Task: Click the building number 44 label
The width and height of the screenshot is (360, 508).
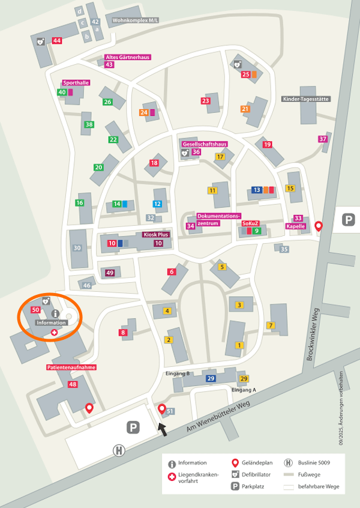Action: click(57, 40)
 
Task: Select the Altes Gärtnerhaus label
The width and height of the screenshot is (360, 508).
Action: click(127, 57)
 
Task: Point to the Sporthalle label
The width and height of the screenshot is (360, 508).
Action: click(76, 83)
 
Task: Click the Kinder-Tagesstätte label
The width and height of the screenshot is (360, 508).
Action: click(306, 99)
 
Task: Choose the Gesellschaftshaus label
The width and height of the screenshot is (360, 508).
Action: click(204, 144)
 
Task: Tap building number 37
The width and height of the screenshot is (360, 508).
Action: click(323, 139)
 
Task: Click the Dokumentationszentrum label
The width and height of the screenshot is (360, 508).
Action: click(218, 219)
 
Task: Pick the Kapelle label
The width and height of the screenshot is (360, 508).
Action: click(296, 226)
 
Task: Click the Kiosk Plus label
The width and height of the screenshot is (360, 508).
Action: click(155, 235)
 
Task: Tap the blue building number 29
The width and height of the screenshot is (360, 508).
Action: click(211, 378)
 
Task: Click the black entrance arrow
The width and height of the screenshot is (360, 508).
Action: click(162, 429)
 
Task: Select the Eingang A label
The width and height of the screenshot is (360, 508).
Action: click(244, 390)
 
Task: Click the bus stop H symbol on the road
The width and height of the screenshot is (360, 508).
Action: click(119, 450)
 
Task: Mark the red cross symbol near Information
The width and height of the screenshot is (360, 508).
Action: click(54, 332)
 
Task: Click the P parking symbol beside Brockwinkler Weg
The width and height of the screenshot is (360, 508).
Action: click(348, 220)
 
